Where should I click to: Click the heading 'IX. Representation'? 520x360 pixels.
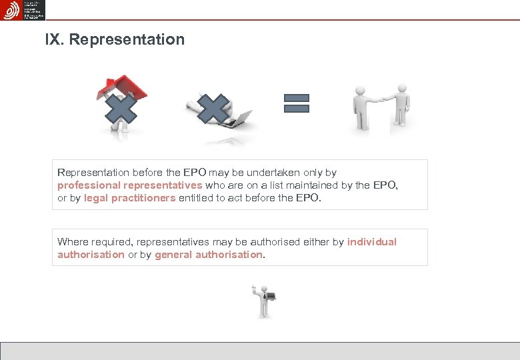pos(115,39)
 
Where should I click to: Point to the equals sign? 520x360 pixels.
pos(297,103)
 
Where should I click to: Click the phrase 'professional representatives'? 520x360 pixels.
pos(129,185)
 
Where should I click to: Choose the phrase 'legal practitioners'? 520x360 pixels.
pos(130,198)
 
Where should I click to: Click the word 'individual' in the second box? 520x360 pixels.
pos(371,242)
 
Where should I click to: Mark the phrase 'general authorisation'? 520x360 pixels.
pos(209,255)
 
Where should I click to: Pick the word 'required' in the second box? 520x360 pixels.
pos(110,242)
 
